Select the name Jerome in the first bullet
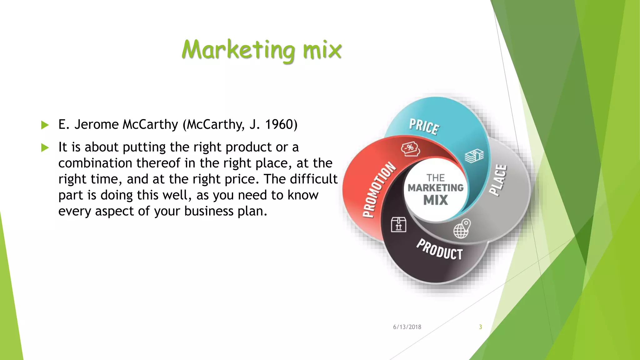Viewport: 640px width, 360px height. pos(96,124)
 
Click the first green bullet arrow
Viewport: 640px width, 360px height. pos(45,125)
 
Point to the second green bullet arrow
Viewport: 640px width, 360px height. pos(45,147)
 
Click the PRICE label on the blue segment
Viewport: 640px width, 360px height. pos(424,127)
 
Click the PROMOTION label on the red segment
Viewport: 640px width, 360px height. pos(378,189)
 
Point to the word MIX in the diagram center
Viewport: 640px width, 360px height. pos(436,200)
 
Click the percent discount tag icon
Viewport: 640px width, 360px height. pos(410,149)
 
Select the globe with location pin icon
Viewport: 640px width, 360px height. pos(462,229)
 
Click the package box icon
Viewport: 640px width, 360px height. pos(398,224)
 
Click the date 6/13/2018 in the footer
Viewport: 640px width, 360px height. pos(407,327)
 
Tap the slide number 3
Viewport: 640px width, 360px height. pos(480,327)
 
